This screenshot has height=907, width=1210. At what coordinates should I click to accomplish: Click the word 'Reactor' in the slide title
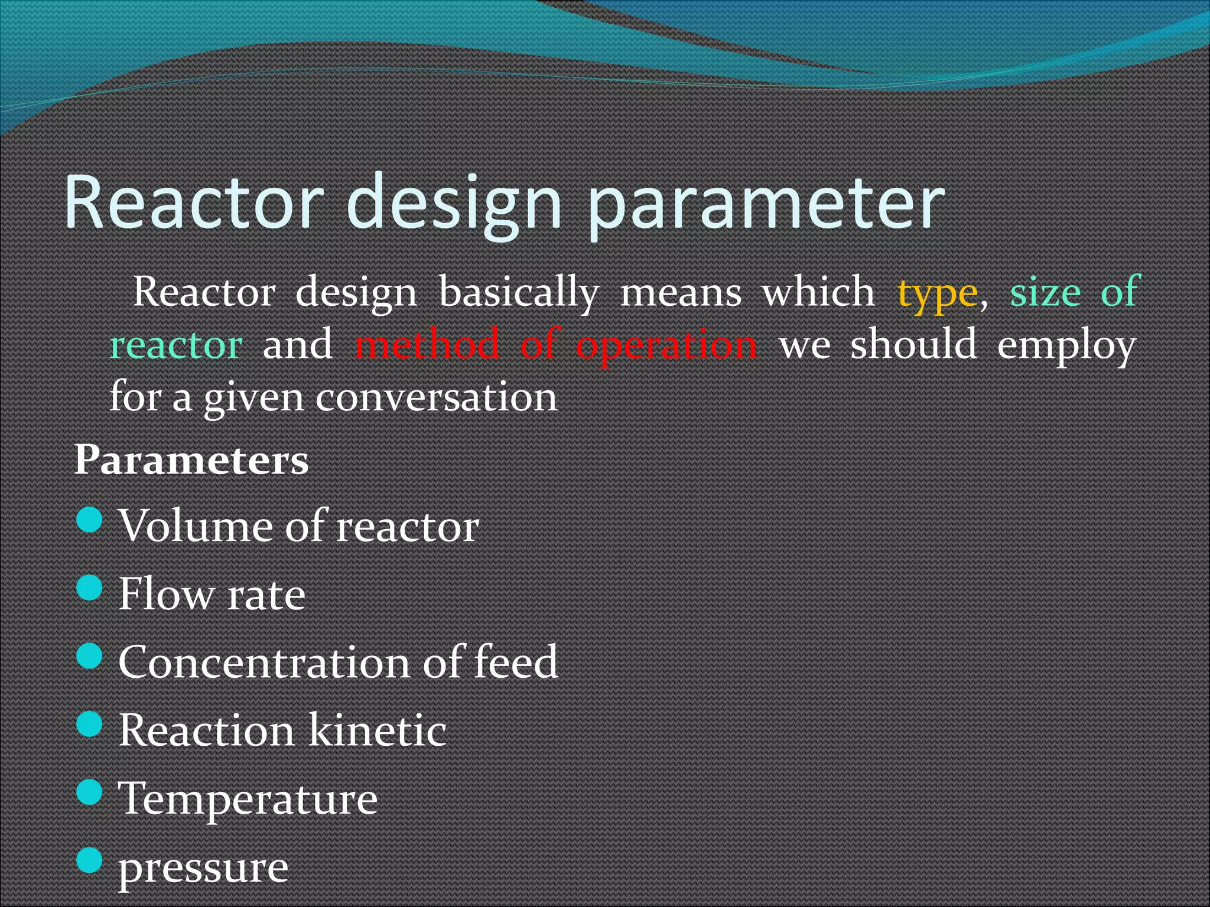(x=195, y=202)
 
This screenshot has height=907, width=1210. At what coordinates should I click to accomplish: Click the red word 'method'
(x=427, y=345)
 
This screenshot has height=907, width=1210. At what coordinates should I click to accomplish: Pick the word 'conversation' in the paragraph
(x=436, y=397)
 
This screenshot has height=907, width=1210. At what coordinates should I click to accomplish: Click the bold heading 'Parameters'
(x=191, y=460)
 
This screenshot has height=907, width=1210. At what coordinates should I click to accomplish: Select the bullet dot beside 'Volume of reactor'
(x=90, y=520)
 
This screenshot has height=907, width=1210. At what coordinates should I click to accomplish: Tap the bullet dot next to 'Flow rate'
(x=90, y=588)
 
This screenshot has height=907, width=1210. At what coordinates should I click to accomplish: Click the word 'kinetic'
(x=377, y=730)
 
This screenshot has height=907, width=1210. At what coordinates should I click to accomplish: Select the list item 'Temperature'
(x=248, y=799)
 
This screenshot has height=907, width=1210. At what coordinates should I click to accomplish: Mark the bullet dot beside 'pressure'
(x=90, y=860)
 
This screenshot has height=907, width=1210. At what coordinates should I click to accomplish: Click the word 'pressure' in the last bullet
(x=203, y=869)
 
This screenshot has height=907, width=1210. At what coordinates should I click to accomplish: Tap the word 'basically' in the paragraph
(x=519, y=293)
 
